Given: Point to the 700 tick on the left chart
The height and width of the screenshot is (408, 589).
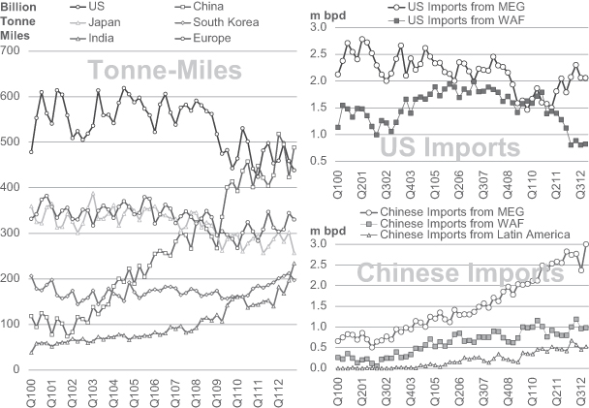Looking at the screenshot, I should [14, 49].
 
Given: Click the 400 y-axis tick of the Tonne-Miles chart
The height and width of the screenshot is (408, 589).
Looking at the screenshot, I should [14, 187].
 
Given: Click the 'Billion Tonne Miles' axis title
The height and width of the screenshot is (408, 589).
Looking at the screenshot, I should [22, 19].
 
